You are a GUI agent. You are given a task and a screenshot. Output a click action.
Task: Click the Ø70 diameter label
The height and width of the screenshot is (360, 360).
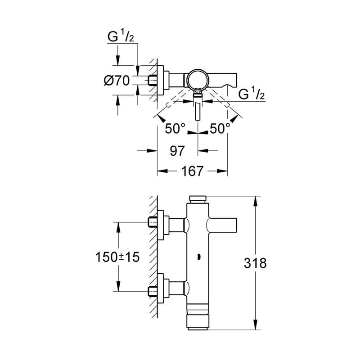[117, 81]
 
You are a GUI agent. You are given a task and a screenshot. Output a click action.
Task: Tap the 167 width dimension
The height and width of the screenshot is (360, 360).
[193, 171]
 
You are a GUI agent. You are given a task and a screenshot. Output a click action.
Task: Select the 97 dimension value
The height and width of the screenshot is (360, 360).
[177, 151]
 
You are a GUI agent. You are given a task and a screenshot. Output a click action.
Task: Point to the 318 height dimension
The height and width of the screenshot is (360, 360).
[255, 263]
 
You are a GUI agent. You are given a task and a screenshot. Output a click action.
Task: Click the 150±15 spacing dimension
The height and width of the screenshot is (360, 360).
[117, 257]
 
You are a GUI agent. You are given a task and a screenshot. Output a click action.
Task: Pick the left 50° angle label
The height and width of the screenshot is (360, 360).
[175, 128]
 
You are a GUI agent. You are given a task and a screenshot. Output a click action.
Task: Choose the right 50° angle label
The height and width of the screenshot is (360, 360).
[220, 128]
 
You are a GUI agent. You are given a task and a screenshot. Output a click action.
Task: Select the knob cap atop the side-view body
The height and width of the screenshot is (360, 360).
[198, 199]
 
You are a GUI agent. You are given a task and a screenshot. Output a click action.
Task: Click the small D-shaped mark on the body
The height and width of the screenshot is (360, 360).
[199, 257]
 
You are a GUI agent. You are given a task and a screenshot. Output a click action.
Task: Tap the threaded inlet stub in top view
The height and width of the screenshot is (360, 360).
[153, 81]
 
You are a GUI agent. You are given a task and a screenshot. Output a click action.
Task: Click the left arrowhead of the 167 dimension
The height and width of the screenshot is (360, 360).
[162, 171]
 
